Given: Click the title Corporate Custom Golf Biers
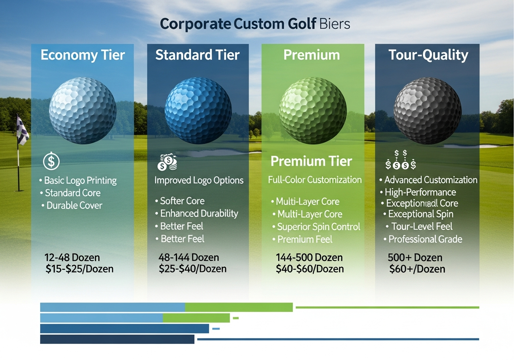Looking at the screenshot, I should pyautogui.click(x=255, y=24).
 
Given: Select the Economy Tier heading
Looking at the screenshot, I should pyautogui.click(x=83, y=55).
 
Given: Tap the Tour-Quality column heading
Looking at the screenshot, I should pyautogui.click(x=428, y=55).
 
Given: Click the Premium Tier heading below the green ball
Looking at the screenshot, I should pyautogui.click(x=311, y=161).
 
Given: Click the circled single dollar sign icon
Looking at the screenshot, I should pyautogui.click(x=51, y=162).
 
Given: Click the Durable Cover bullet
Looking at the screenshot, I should pyautogui.click(x=74, y=205).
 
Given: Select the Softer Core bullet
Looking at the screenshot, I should pyautogui.click(x=182, y=201).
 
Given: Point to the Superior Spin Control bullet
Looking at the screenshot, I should pyautogui.click(x=318, y=227).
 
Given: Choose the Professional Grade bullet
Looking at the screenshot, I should pyautogui.click(x=425, y=239).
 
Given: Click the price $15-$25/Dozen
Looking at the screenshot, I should pyautogui.click(x=80, y=269).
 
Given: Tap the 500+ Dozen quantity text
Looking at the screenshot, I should pyautogui.click(x=415, y=258).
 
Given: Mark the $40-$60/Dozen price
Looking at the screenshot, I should pyautogui.click(x=310, y=269).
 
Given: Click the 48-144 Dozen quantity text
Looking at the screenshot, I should pyautogui.click(x=189, y=258).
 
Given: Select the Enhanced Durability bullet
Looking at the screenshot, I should pyautogui.click(x=199, y=213).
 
